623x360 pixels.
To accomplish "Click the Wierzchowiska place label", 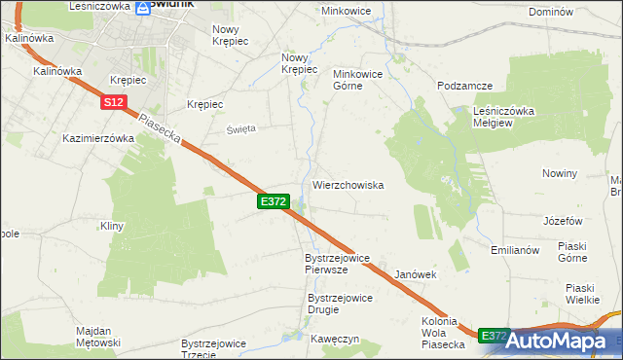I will click(348, 185).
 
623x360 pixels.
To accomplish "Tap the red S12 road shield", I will click(113, 101).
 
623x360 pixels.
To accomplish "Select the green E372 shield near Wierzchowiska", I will click(273, 200).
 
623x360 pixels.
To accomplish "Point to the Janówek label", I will click(415, 275).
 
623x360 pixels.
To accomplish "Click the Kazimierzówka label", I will click(97, 138).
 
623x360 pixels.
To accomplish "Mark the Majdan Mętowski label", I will click(97, 337).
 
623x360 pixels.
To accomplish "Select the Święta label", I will click(241, 128).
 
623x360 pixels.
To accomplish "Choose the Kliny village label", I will click(114, 226).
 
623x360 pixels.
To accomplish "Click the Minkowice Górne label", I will click(361, 80).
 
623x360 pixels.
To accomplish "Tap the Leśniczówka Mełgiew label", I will click(504, 117).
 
